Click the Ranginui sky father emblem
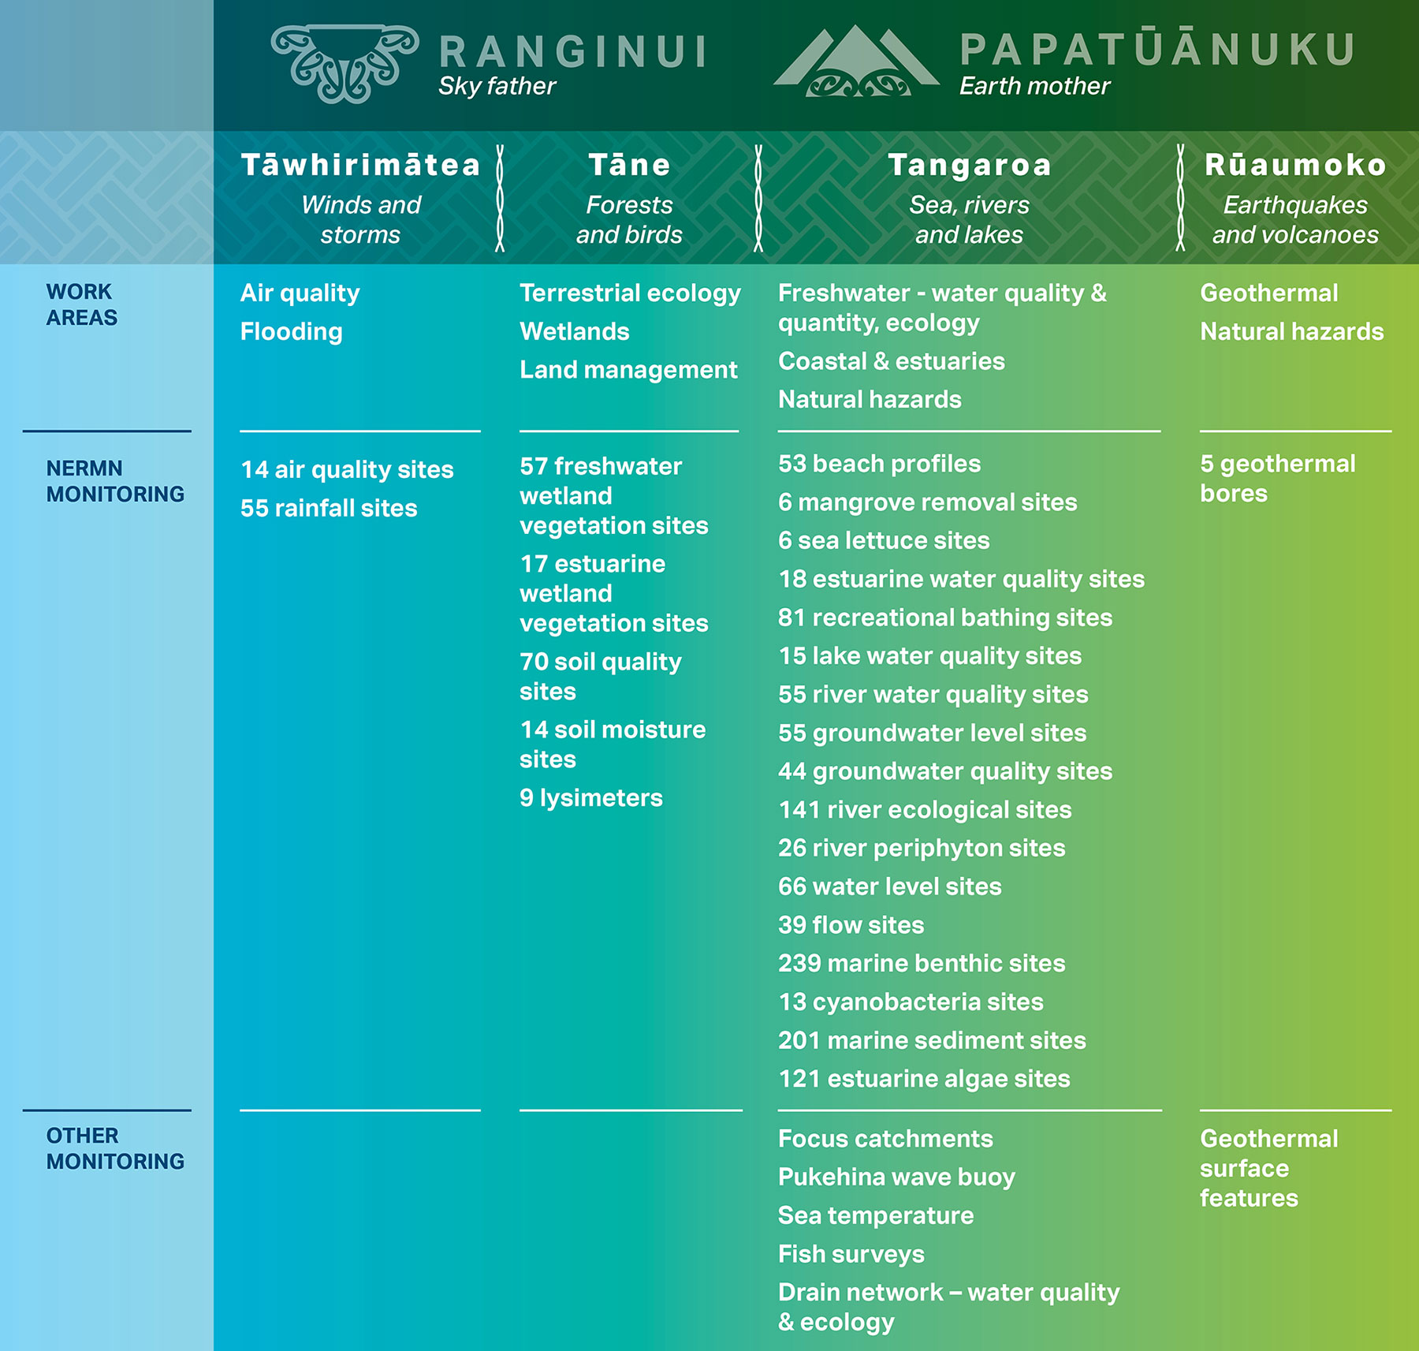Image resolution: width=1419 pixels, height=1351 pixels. [345, 63]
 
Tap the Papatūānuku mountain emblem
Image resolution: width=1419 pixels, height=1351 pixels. [857, 61]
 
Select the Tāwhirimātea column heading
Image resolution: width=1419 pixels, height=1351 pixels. [361, 165]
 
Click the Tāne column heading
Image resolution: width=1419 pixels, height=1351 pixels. [629, 165]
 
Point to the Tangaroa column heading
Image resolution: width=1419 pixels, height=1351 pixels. [970, 165]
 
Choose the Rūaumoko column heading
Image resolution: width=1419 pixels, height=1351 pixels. [1295, 165]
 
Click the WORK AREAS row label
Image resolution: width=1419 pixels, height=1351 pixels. [82, 304]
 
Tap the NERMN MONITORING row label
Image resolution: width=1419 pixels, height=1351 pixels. [115, 481]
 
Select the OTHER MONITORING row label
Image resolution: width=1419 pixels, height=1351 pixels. [115, 1148]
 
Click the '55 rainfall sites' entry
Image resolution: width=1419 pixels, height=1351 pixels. [329, 508]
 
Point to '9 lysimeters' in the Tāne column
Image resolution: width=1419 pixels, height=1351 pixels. [591, 798]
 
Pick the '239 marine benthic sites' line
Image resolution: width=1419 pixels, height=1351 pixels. [922, 963]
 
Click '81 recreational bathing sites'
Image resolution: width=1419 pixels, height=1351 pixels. [945, 618]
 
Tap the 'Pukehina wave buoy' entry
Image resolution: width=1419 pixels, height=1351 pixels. [896, 1177]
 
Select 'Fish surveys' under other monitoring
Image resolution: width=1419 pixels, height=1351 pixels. [851, 1254]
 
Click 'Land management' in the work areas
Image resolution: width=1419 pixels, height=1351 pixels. [628, 370]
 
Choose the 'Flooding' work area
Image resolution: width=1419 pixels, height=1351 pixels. [292, 332]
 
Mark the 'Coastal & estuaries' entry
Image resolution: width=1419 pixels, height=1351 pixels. [892, 361]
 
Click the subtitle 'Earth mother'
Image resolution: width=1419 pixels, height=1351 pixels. [1034, 86]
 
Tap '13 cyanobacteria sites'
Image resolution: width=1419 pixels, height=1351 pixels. [911, 1002]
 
